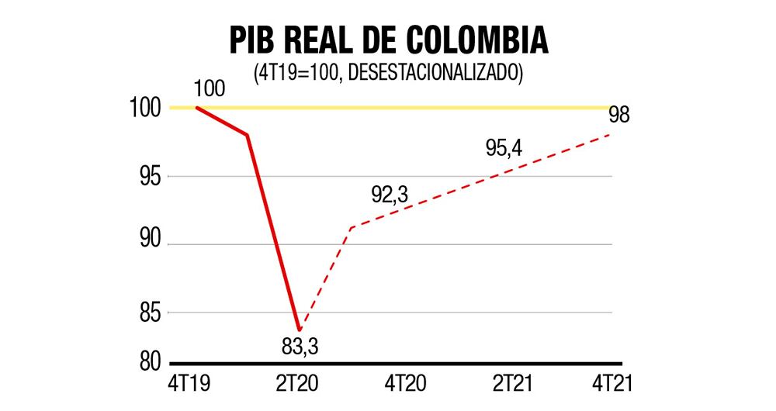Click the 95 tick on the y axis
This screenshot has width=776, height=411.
coord(151,176)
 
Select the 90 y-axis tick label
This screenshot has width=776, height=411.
coord(151,244)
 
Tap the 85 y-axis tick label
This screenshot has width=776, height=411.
coord(151,313)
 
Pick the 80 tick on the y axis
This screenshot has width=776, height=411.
coord(151,362)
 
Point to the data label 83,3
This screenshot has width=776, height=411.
coord(300,347)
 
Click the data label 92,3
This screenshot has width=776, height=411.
coord(390,195)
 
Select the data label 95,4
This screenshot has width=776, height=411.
coord(504,148)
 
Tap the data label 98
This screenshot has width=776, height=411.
coord(618,116)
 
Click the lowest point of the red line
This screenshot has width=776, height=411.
coord(299,330)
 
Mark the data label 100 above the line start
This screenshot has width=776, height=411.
coord(209,88)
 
